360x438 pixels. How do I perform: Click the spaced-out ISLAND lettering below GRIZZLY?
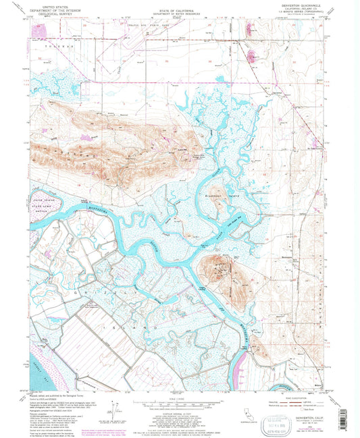135,325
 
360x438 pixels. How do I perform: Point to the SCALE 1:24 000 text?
179,398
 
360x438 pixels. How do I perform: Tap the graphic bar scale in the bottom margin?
179,405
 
